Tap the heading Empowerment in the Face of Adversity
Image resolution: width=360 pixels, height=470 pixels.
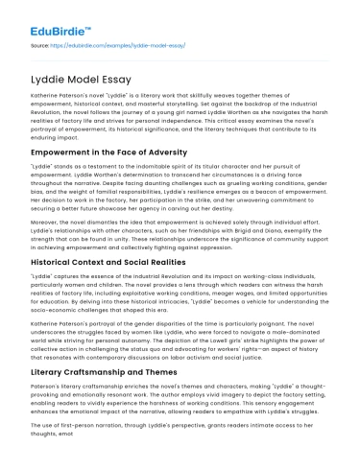[x=120, y=151]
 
